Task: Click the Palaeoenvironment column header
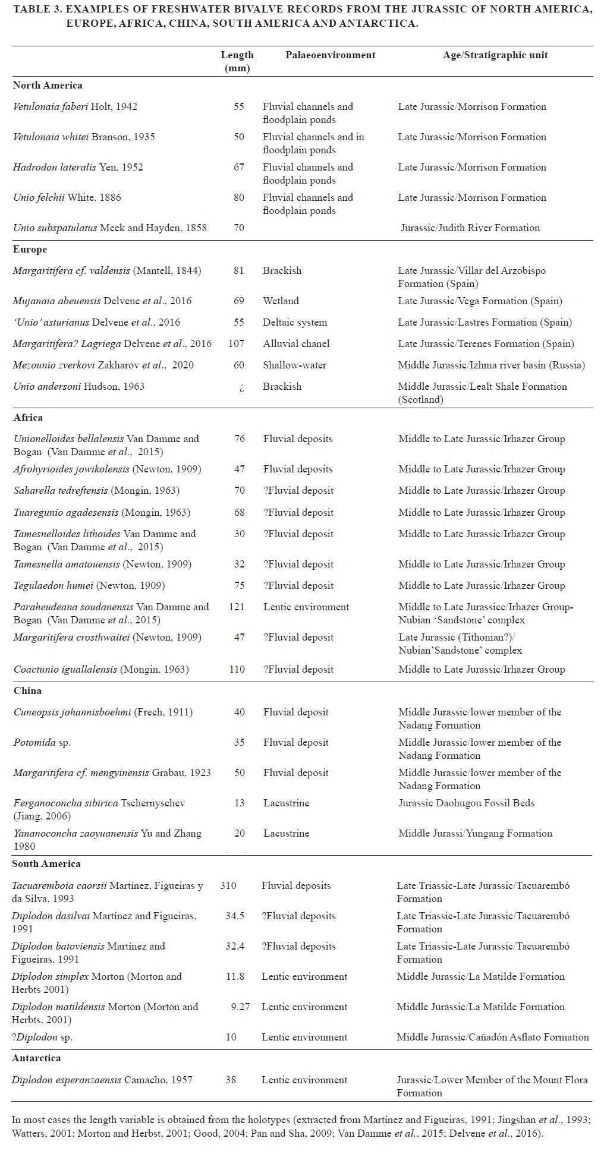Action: click(x=330, y=55)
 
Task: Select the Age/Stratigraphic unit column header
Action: click(x=495, y=55)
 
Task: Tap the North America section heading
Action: click(x=48, y=85)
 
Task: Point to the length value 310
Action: click(x=228, y=885)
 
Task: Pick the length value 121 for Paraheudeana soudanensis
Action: click(x=237, y=607)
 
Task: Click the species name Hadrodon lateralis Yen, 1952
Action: click(x=78, y=167)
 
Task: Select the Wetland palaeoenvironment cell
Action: click(x=281, y=301)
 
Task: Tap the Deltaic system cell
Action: click(x=295, y=322)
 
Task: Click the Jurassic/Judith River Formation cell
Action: click(x=470, y=228)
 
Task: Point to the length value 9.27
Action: click(x=240, y=1007)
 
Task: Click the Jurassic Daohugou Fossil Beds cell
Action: click(x=466, y=803)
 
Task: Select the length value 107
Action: click(x=237, y=343)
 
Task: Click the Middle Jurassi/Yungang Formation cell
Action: click(x=475, y=833)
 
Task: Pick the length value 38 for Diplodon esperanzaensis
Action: click(x=231, y=1080)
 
